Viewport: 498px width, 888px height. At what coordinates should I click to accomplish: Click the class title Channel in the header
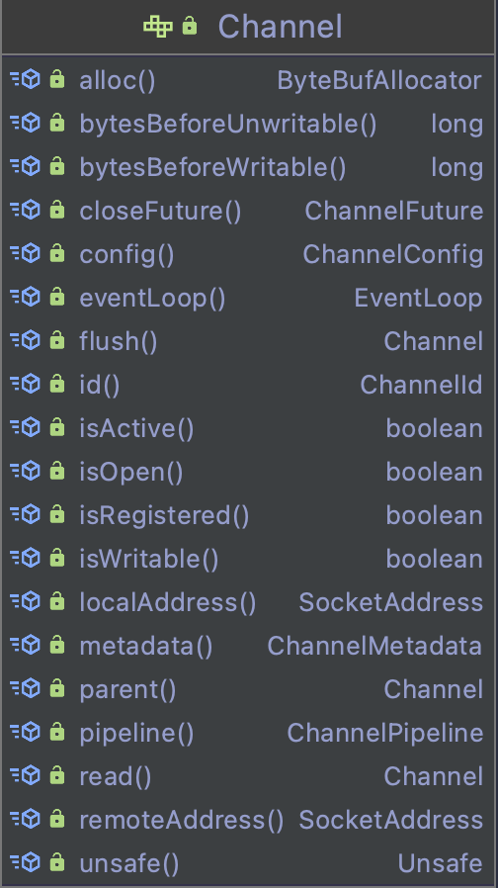281,27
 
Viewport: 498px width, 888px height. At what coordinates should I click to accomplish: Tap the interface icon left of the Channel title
158,27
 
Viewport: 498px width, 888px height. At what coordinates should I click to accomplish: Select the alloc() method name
118,81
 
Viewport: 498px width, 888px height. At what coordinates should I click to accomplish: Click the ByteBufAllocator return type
379,81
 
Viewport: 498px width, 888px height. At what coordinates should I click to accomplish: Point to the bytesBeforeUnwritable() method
228,125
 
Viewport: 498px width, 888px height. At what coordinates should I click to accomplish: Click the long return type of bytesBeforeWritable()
457,168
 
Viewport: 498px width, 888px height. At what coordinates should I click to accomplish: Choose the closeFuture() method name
160,212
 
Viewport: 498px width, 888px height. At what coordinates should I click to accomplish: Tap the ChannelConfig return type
392,255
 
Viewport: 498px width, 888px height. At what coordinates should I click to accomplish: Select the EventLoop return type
418,299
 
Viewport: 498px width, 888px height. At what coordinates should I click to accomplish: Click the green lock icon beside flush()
57,340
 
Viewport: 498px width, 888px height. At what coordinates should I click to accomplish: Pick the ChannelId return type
421,385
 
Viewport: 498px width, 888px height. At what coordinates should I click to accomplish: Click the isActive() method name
136,429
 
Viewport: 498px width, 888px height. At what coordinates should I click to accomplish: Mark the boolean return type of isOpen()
435,473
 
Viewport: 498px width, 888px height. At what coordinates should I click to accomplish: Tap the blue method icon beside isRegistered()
26,514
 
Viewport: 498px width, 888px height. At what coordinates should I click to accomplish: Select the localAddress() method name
168,602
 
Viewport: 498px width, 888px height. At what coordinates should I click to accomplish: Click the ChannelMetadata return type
374,646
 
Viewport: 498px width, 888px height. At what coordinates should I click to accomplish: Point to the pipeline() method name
136,734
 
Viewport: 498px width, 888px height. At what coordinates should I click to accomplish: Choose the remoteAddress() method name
182,820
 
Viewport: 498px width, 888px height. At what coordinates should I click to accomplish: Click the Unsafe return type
441,863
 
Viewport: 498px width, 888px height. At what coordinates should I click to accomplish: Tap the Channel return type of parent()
434,690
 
